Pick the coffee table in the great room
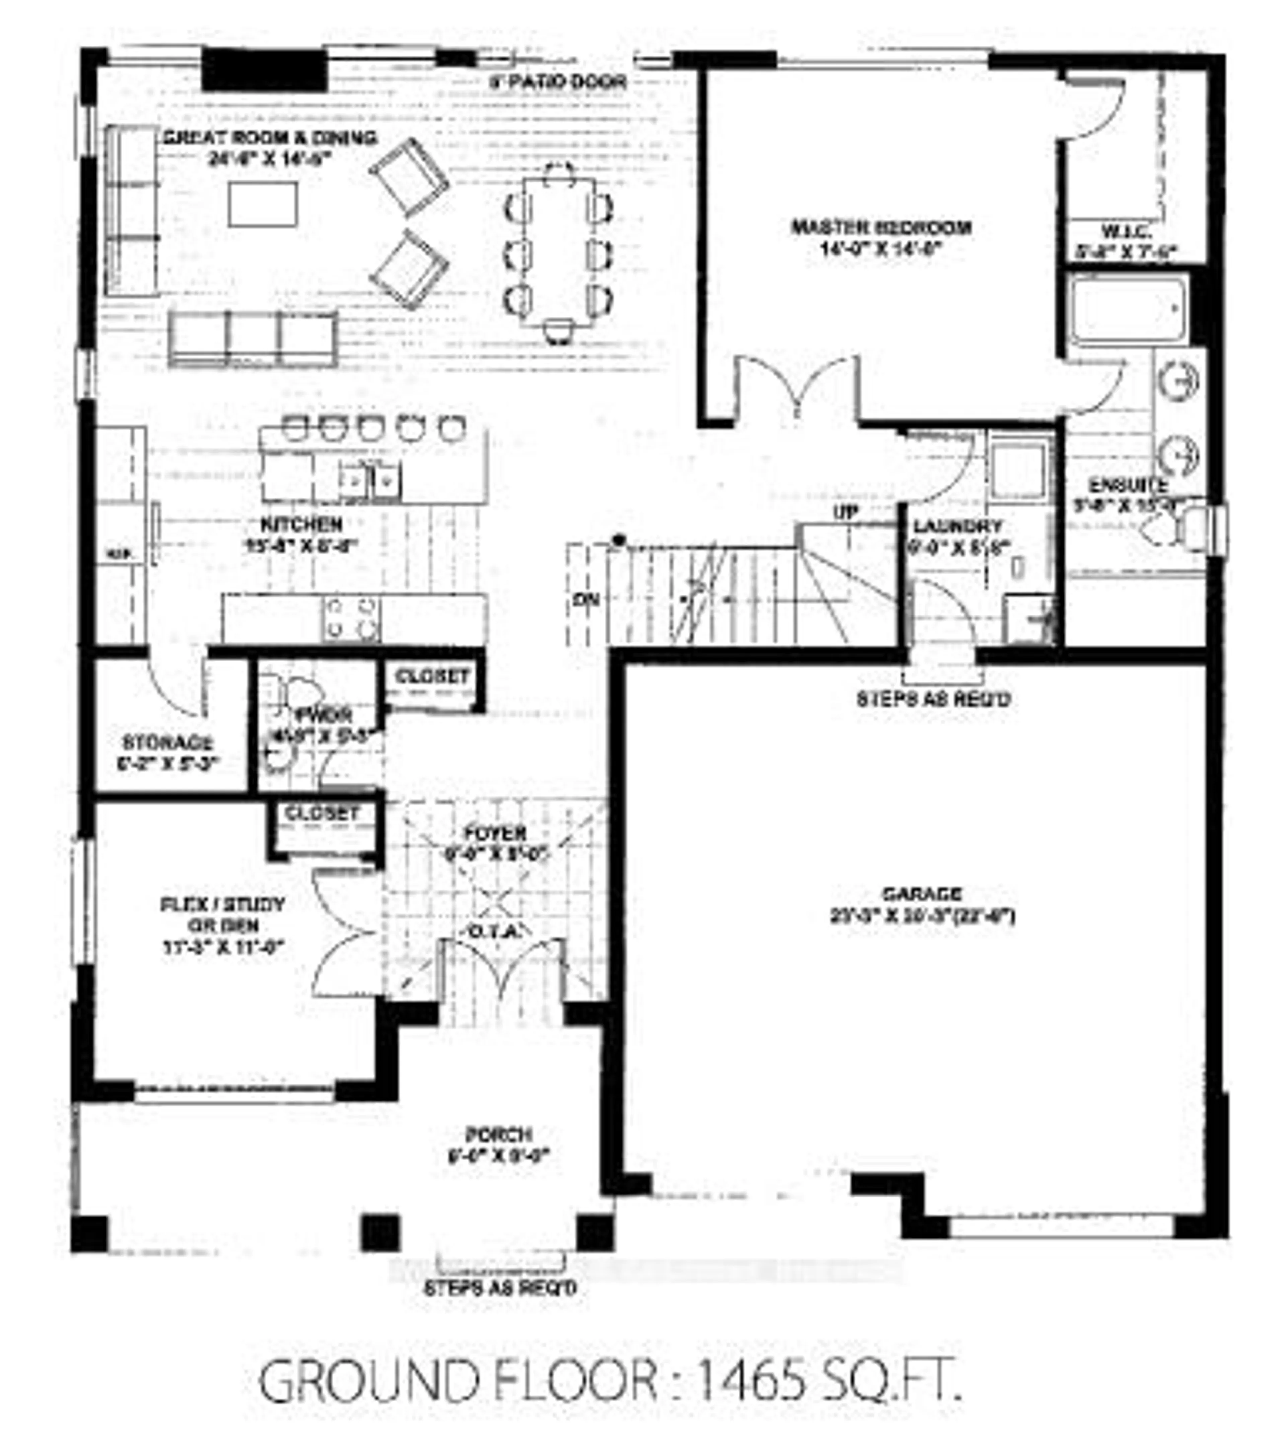click(x=263, y=204)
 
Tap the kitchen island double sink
click(x=369, y=481)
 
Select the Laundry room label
click(x=957, y=526)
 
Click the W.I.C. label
click(x=1126, y=232)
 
